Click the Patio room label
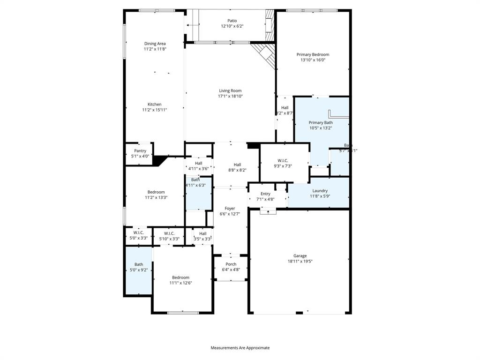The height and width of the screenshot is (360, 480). click(x=232, y=21)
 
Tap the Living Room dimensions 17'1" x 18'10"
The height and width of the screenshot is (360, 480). click(x=230, y=97)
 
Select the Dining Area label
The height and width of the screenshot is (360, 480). click(x=155, y=44)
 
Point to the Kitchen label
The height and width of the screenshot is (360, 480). click(x=155, y=105)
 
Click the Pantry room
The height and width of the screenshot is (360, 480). click(x=140, y=154)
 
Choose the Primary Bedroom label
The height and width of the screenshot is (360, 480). click(x=313, y=54)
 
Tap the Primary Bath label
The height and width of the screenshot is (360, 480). click(x=321, y=122)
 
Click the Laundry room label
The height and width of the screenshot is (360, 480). click(x=320, y=191)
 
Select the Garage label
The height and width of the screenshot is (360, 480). click(x=300, y=256)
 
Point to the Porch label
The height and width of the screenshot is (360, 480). click(x=231, y=264)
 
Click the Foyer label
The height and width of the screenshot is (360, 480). click(x=230, y=209)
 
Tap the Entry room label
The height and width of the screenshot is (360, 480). click(x=265, y=194)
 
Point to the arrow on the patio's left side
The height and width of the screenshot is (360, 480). click(x=192, y=25)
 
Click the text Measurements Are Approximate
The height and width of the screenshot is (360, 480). click(x=240, y=348)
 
